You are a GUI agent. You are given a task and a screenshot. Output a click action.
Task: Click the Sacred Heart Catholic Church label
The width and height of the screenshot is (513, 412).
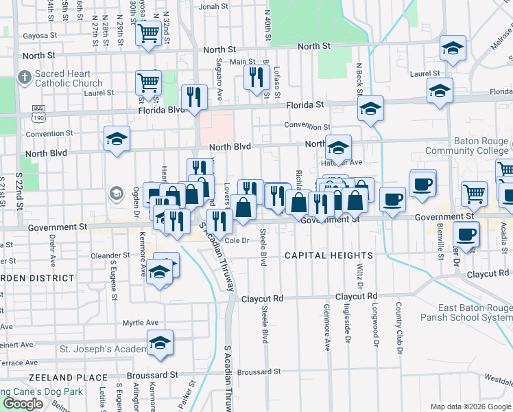point(69,79)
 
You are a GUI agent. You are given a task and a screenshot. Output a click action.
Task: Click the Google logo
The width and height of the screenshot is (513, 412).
point(23,403)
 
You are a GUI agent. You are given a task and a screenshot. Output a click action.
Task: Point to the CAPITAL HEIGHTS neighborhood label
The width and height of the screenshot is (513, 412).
point(318,255)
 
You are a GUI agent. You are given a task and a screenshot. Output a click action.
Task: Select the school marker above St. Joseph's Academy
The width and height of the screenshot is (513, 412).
point(160,343)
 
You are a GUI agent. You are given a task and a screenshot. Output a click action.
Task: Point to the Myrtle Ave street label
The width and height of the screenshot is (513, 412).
point(140,323)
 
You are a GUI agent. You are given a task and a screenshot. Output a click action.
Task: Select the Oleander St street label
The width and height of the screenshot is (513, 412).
point(110,255)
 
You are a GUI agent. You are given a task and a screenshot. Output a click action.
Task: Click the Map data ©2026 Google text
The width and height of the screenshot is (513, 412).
point(470,407)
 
